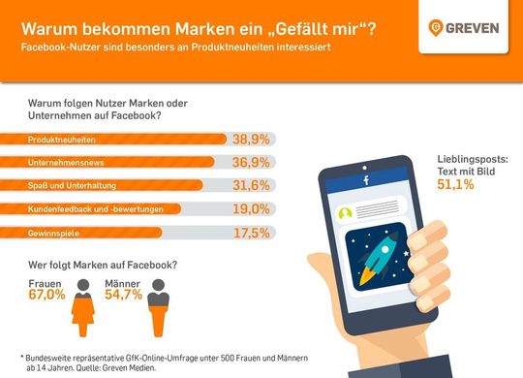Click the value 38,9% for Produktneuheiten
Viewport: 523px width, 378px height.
point(251,140)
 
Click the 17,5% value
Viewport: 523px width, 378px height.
point(251,232)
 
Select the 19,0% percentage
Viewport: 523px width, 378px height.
point(251,208)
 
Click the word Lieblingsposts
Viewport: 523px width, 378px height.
point(467,158)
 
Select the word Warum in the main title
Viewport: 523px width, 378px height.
point(49,26)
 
